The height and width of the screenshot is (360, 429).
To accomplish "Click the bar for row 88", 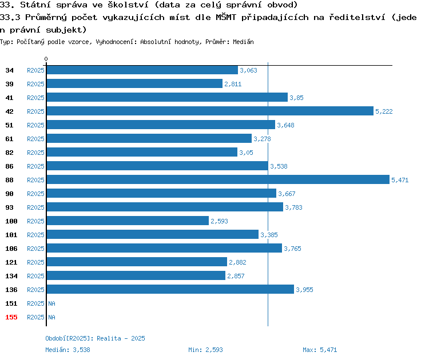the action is click(218, 179).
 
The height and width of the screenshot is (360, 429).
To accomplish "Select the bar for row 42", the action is click(210, 111).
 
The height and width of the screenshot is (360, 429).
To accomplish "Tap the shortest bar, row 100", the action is click(128, 221).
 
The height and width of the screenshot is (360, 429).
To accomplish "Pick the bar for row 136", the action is click(170, 289).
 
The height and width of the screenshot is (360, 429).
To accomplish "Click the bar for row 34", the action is click(142, 70).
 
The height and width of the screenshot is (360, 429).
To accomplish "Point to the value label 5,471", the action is click(400, 180).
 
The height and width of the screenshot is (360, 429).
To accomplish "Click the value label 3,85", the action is click(296, 98).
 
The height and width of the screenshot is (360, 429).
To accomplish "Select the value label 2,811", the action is click(233, 84).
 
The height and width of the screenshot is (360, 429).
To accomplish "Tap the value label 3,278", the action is click(262, 139).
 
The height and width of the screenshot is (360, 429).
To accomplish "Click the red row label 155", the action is click(11, 317).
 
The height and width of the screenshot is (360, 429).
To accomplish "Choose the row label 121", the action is click(11, 262).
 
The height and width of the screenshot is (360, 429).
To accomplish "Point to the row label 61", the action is click(9, 139).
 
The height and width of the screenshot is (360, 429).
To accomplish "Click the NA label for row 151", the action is click(51, 303).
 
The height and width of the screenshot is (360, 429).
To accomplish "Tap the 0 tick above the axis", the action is click(46, 59).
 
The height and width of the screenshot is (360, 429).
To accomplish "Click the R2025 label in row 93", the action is click(35, 207).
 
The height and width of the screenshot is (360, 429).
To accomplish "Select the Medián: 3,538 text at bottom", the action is click(67, 350).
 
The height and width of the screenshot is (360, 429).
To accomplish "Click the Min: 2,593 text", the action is click(205, 350).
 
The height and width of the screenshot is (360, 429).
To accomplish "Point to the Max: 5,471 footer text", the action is click(320, 350).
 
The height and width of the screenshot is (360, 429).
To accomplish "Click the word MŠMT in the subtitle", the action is click(226, 17).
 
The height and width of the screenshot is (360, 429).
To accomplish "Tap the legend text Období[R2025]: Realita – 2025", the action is click(95, 338).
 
